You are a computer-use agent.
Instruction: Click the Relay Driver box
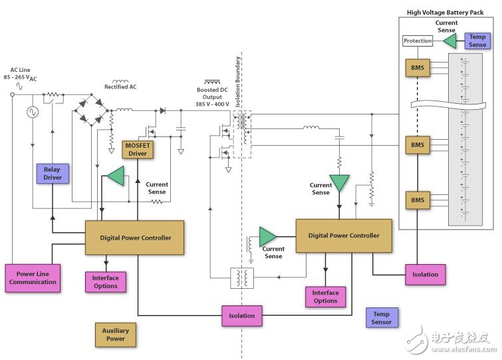[x=52, y=174]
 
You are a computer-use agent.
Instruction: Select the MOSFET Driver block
[x=138, y=150]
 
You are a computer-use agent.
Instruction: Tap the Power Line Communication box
[x=33, y=277]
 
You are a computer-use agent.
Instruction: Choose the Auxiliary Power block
[x=116, y=334]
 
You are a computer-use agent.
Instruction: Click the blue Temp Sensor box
[x=382, y=318]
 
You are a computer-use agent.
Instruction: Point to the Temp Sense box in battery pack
[x=478, y=41]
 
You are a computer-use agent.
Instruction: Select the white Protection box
[x=418, y=41]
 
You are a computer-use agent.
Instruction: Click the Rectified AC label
[x=120, y=87]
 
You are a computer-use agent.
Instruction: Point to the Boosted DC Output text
[x=213, y=97]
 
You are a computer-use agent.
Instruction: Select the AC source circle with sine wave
[x=31, y=112]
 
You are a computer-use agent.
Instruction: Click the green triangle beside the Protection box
[x=449, y=41]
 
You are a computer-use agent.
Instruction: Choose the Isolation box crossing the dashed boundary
[x=241, y=315]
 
